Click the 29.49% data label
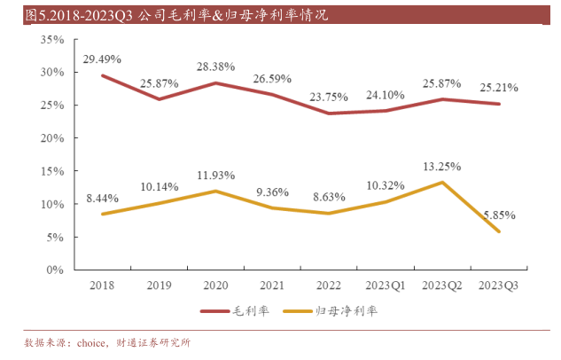click(x=103, y=59)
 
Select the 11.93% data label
click(x=215, y=176)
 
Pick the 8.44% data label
click(x=103, y=199)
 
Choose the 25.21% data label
click(x=500, y=88)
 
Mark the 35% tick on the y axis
click(x=51, y=40)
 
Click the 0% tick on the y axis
click(x=55, y=270)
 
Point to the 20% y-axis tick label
click(x=51, y=138)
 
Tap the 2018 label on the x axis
click(x=103, y=285)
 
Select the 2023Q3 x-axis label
click(x=499, y=285)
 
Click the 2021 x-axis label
click(x=272, y=285)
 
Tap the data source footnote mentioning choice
click(x=107, y=342)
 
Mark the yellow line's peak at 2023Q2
click(x=442, y=183)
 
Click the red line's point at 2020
click(x=215, y=83)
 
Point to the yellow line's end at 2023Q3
click(x=499, y=231)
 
